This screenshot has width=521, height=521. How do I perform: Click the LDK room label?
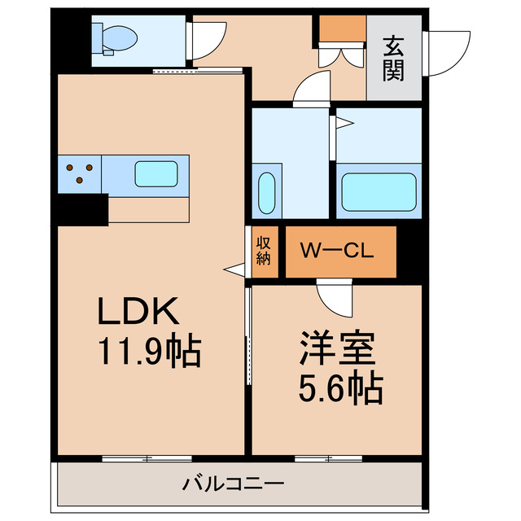[138, 312]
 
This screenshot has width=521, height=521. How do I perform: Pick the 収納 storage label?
[264, 251]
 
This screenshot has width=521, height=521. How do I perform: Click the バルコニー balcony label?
[233, 485]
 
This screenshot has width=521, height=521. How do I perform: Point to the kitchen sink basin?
[156, 173]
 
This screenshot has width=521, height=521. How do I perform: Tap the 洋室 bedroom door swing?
[335, 298]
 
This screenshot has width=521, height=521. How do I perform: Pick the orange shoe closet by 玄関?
[342, 29]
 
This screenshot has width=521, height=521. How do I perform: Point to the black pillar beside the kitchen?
[81, 210]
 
